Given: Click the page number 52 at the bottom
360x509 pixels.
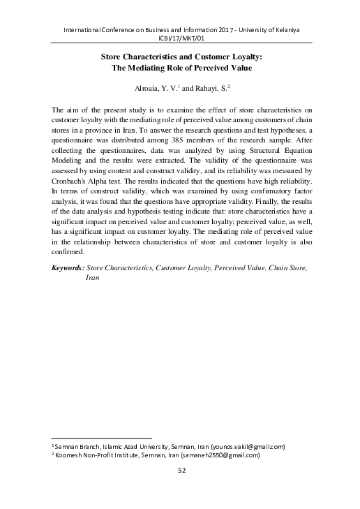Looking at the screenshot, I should pos(180,473).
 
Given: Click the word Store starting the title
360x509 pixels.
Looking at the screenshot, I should pos(115,58).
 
